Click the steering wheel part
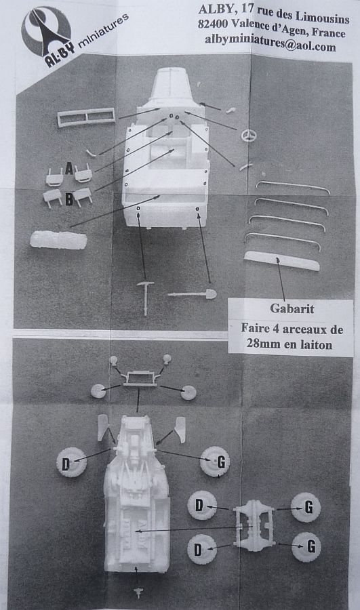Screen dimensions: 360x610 point(249,136)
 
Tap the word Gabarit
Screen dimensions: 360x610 point(292,308)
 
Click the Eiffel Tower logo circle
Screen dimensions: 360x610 point(45,31)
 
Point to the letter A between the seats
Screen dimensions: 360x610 point(69,169)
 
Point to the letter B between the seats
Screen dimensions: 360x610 point(69,199)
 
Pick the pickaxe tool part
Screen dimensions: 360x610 point(145,298)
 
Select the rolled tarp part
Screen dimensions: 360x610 point(58,240)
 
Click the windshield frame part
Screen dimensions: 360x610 point(86,117)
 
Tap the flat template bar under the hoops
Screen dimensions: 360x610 point(281,261)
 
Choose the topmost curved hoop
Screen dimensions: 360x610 point(292,186)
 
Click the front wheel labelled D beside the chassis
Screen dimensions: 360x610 point(71,462)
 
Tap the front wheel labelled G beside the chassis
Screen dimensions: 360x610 point(215,462)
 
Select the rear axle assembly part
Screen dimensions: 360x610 point(254,525)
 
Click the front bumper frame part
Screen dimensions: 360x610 point(140,378)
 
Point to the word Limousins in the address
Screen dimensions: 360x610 point(322,17)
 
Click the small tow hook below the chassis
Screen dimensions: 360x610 point(138,592)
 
